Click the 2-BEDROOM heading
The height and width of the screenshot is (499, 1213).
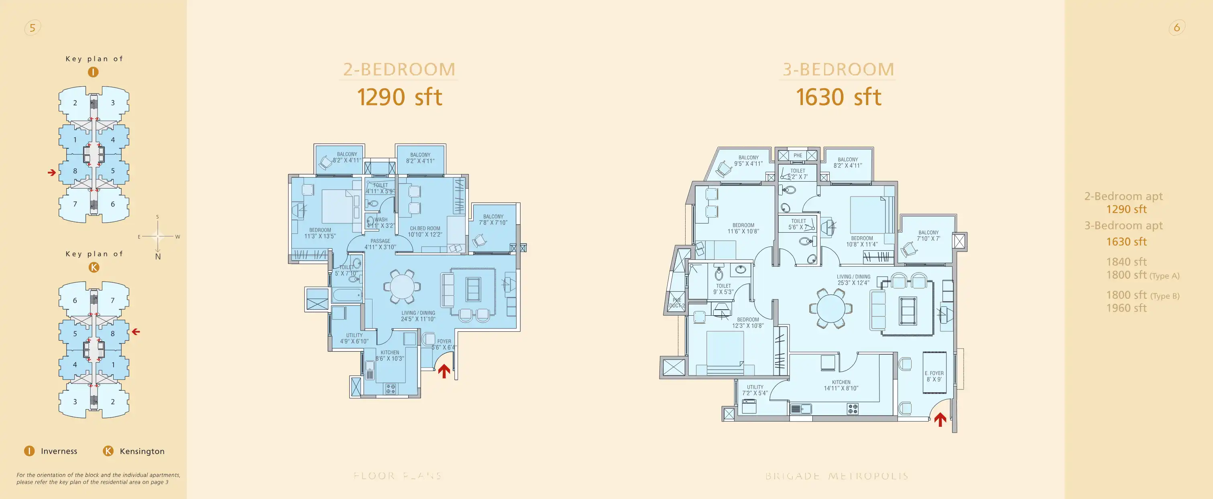(x=399, y=70)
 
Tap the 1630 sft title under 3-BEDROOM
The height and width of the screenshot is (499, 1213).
(x=838, y=97)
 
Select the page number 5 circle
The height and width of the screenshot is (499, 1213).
(x=33, y=28)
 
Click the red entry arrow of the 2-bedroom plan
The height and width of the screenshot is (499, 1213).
(x=444, y=371)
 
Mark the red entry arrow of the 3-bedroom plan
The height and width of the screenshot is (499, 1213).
(x=940, y=419)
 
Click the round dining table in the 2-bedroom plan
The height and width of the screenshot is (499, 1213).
(x=401, y=286)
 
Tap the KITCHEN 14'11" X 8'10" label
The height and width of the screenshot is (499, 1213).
(x=841, y=385)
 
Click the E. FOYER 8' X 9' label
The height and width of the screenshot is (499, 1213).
(x=934, y=376)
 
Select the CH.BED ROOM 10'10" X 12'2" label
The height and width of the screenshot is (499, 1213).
(x=425, y=231)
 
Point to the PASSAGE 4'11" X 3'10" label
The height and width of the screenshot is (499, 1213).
(x=380, y=244)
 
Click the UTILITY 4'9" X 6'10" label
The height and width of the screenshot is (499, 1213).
(x=354, y=339)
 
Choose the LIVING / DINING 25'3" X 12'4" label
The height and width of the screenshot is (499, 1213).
(x=853, y=280)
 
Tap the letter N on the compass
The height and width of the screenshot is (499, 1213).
(x=158, y=257)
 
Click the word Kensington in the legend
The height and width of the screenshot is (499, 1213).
(x=142, y=451)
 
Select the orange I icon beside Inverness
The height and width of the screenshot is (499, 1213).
(x=29, y=451)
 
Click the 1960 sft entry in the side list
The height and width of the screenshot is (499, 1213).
(x=1126, y=308)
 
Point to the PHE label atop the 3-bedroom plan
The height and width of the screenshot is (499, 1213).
(x=798, y=155)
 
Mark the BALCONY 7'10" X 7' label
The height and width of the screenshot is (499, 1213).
(x=928, y=235)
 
